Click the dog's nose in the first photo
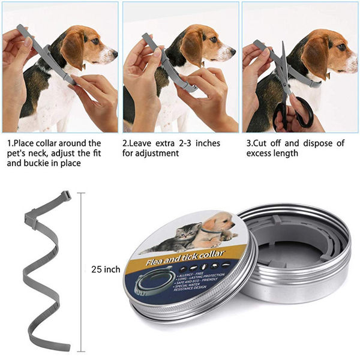point(114,55)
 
